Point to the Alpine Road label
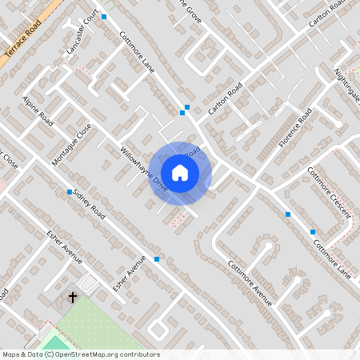pos(38,111)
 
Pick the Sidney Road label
pos(89,205)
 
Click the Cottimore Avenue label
pos(250,283)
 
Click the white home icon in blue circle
pos(180,173)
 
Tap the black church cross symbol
pos(73,298)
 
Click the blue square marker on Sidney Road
pos(70,192)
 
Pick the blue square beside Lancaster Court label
pos(103,16)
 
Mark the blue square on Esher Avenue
pos(157,259)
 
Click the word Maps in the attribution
pos(12,354)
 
